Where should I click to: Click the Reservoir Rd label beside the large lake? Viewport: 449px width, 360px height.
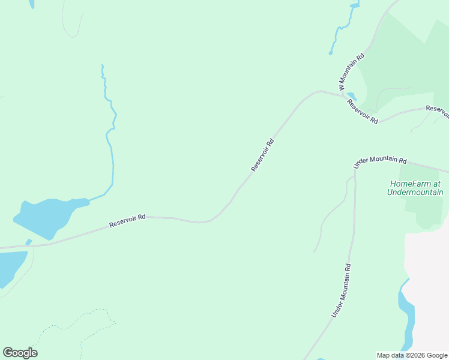coord(128,221)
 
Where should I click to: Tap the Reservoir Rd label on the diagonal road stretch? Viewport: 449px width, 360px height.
coord(262,155)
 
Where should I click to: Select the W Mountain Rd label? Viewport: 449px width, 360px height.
coord(352,72)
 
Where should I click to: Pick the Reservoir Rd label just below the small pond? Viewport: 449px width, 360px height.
coord(362,112)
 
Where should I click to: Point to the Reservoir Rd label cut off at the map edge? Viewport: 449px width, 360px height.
coord(438,111)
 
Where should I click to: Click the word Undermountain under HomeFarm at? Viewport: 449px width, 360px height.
coord(415,193)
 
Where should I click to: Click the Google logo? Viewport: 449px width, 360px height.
coord(20,353)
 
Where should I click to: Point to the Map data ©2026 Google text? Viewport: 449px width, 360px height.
coord(412,355)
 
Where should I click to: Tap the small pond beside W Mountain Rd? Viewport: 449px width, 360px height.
coord(352,96)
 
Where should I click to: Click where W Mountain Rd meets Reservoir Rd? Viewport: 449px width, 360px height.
coord(339,94)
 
